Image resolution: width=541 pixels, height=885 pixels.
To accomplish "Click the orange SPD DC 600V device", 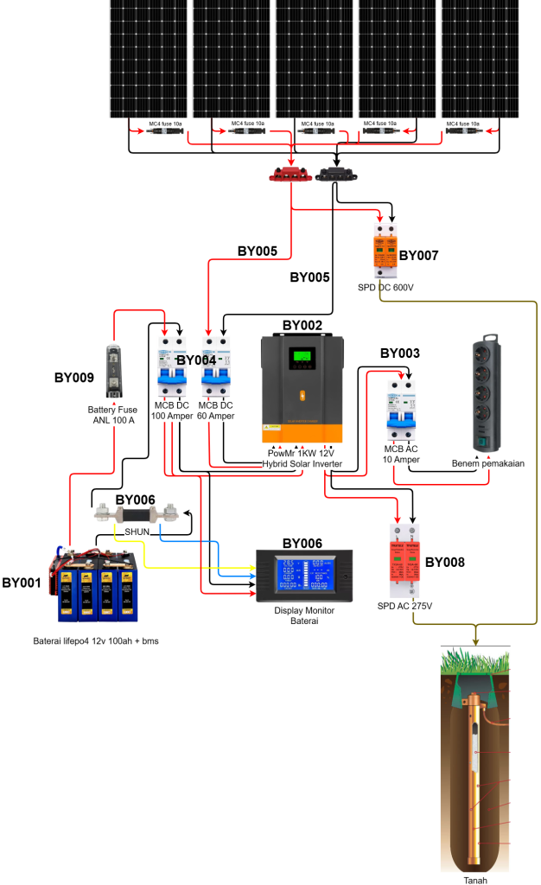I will pos(385,251).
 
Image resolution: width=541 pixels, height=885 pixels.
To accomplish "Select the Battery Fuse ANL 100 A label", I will pos(114,416).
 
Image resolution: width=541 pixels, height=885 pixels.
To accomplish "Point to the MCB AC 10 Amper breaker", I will pos(401,411).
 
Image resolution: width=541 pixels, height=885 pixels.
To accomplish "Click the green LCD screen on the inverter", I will pos(302,356).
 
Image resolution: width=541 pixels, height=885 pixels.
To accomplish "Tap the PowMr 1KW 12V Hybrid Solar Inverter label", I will pos(302,459).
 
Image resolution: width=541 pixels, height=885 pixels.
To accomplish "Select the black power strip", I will pos(487,395).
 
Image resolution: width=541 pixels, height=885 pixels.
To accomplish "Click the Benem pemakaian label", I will pos(488,463).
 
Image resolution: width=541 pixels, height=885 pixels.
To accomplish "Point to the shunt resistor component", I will pos(137,513).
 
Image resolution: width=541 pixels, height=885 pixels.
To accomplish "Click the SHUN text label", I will pos(137,532).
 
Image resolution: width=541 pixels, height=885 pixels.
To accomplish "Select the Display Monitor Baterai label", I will pos(304,615).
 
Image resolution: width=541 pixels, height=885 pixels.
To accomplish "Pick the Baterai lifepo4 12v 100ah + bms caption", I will pos(96,641).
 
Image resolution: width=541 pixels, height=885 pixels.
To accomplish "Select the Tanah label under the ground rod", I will pos(475,880).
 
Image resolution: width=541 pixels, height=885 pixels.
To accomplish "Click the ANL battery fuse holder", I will pos(113,371).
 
